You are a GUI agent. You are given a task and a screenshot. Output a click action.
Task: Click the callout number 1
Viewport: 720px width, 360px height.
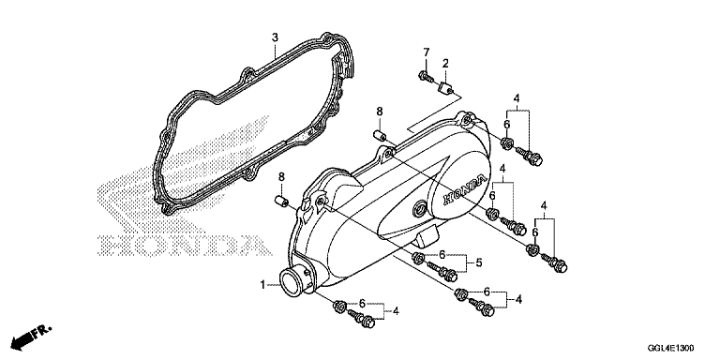point(262,286)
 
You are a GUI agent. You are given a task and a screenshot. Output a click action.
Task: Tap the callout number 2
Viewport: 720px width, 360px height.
point(445,64)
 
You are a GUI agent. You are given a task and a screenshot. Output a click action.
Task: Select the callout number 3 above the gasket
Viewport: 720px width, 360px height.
point(275,37)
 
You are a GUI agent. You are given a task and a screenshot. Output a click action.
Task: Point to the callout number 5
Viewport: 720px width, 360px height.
point(479,263)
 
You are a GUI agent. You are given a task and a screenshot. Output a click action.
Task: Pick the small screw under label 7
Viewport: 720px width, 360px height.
point(426,77)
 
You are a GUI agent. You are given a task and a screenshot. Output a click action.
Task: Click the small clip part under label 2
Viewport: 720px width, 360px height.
point(444,87)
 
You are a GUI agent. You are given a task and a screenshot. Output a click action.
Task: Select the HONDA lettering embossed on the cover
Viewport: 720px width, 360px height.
point(464,189)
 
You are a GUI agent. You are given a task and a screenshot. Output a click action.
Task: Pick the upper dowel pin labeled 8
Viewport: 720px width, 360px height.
point(380,136)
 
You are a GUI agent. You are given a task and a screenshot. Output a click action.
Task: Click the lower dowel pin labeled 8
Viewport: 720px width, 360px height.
point(281,202)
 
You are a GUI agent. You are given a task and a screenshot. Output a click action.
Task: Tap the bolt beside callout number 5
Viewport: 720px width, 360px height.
point(442,271)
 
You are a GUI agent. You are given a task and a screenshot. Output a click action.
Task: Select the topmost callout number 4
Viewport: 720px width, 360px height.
point(517,97)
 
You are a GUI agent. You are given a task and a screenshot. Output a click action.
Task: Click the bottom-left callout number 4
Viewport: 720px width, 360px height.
point(396,311)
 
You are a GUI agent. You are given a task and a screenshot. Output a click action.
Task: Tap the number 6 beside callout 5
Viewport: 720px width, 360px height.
point(442,254)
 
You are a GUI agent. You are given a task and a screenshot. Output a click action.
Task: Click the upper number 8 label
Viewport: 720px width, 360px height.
point(380,112)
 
